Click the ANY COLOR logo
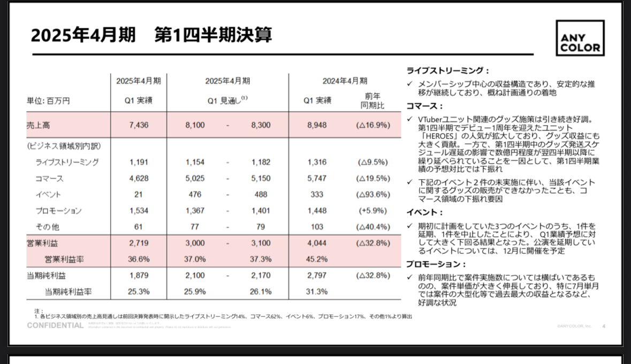(580, 38)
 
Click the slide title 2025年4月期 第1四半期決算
(151, 35)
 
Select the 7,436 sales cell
(139, 125)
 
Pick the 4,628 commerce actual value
(139, 178)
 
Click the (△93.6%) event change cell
(372, 195)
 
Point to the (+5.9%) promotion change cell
(372, 211)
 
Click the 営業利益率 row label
(65, 259)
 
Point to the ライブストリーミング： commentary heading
(447, 70)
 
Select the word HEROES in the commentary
(438, 135)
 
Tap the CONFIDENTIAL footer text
(55, 326)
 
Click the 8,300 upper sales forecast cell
(261, 125)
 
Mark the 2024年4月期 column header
(345, 81)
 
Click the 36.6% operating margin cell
(139, 259)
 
